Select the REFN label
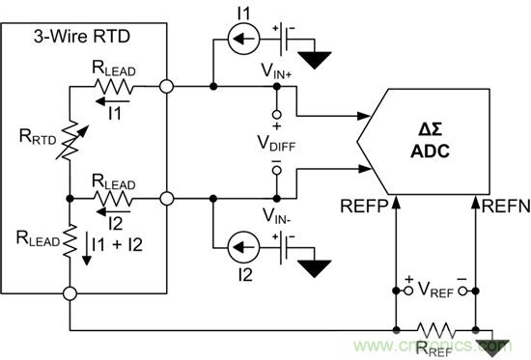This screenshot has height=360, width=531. [x=499, y=205]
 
